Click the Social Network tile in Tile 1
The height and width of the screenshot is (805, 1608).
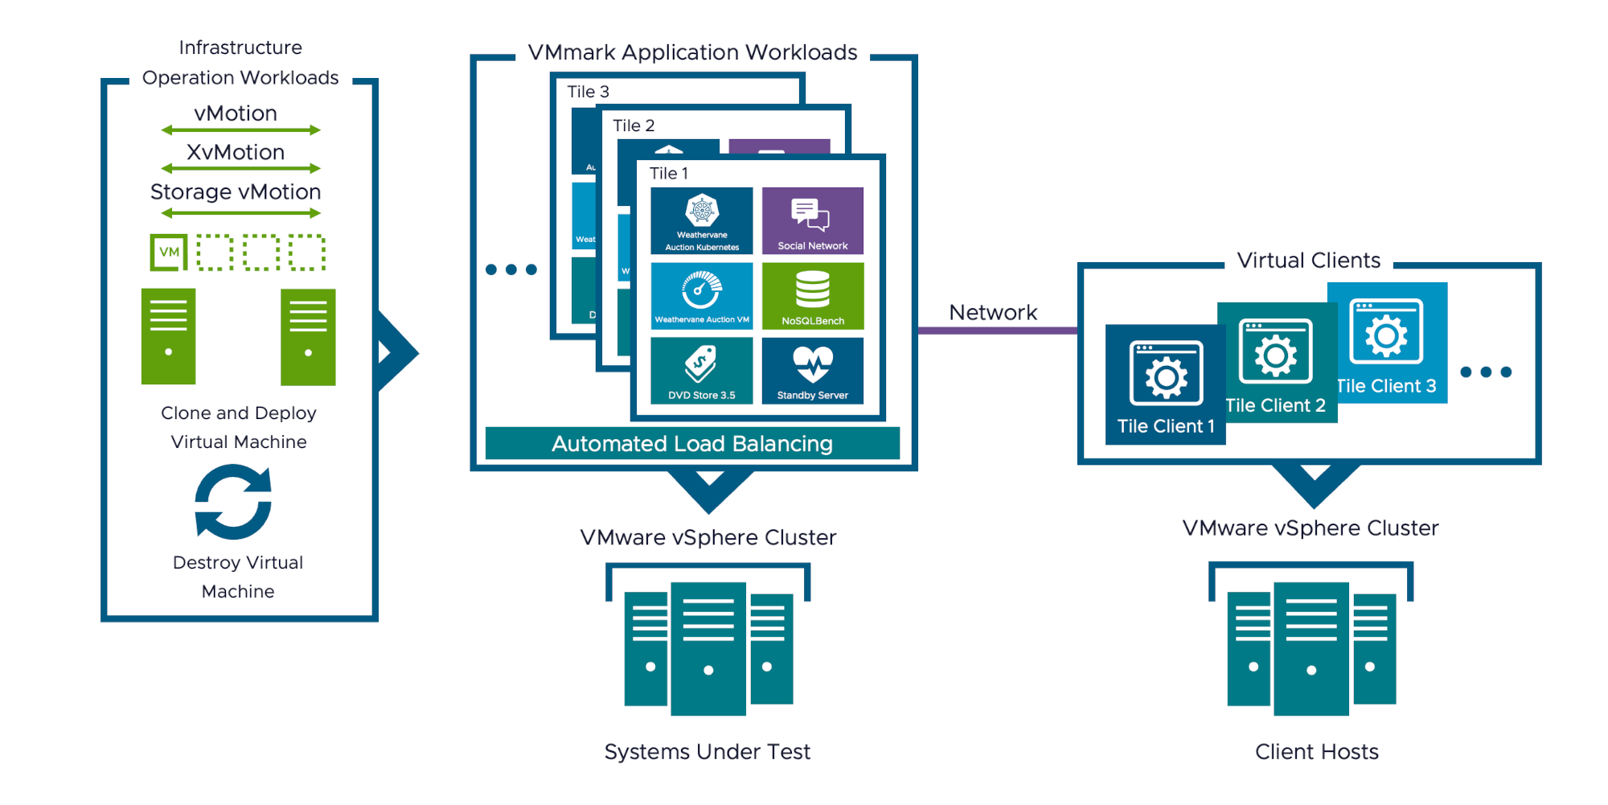click(812, 220)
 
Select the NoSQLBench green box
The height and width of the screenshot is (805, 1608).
click(812, 296)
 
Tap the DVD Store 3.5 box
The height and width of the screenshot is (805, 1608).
click(701, 370)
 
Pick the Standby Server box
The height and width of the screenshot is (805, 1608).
click(812, 370)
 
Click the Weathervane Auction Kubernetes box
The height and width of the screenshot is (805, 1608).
click(701, 220)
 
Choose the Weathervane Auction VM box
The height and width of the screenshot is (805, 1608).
click(701, 296)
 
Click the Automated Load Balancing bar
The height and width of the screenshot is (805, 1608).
click(692, 443)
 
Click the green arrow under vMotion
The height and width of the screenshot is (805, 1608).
click(240, 130)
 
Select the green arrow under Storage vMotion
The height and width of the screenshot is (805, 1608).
click(240, 213)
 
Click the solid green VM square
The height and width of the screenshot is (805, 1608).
click(169, 253)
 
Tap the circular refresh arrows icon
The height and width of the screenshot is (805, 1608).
click(233, 502)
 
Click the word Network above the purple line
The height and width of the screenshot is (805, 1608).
click(993, 312)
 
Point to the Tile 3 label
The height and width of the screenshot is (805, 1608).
click(588, 92)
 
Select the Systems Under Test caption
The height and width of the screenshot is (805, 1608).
click(707, 751)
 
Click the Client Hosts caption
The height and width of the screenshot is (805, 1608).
click(1316, 751)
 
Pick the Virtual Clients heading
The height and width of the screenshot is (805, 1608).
click(1308, 261)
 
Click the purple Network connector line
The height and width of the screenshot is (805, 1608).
click(997, 331)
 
